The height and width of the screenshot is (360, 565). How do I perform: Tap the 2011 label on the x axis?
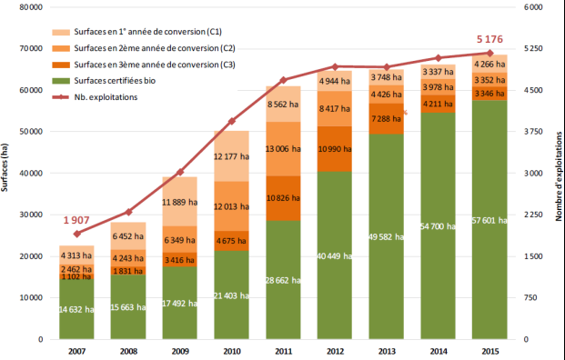coord(283,350)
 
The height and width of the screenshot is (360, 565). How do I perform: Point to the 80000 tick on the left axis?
coord(31,7)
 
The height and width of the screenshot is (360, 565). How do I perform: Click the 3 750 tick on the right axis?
coord(534,132)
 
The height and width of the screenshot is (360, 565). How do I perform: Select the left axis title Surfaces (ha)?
coord(6,173)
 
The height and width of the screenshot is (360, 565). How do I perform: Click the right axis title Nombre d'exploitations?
coord(555,173)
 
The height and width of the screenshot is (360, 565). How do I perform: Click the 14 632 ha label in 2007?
coord(77,309)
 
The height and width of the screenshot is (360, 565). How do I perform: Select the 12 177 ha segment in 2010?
coord(232,155)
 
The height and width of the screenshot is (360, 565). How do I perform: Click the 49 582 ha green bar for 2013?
coord(388,236)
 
